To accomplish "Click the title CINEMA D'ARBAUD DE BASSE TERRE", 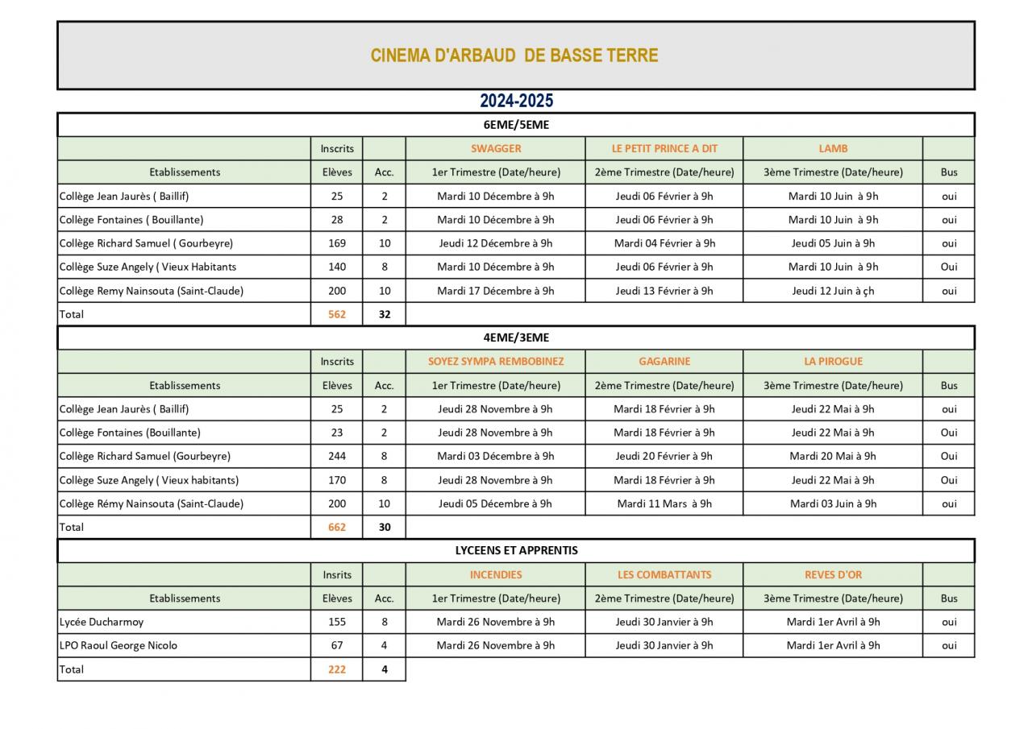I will coord(514,56).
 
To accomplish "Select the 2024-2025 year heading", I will coord(516,101).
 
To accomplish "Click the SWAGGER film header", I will coord(496,148).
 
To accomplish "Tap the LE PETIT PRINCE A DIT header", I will coord(664,148).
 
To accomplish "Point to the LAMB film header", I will coord(833,148).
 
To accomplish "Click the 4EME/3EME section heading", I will coord(516,338).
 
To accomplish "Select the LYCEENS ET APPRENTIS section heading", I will coord(516,551).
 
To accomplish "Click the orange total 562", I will coord(337,314).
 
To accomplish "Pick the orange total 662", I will coord(337,528).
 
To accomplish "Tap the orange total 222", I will coord(337,669).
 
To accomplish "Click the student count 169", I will coord(337,243).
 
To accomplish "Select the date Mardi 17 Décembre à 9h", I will coord(496,291).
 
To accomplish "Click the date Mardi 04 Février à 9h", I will coord(664,243).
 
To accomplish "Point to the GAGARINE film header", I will coord(664,362).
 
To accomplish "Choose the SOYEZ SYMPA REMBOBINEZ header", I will coord(496,362).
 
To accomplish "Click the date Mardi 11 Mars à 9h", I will coord(664,504).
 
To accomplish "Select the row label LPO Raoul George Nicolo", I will coord(118,645).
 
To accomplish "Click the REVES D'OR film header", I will coord(833,575).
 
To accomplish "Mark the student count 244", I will coord(337,456).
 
